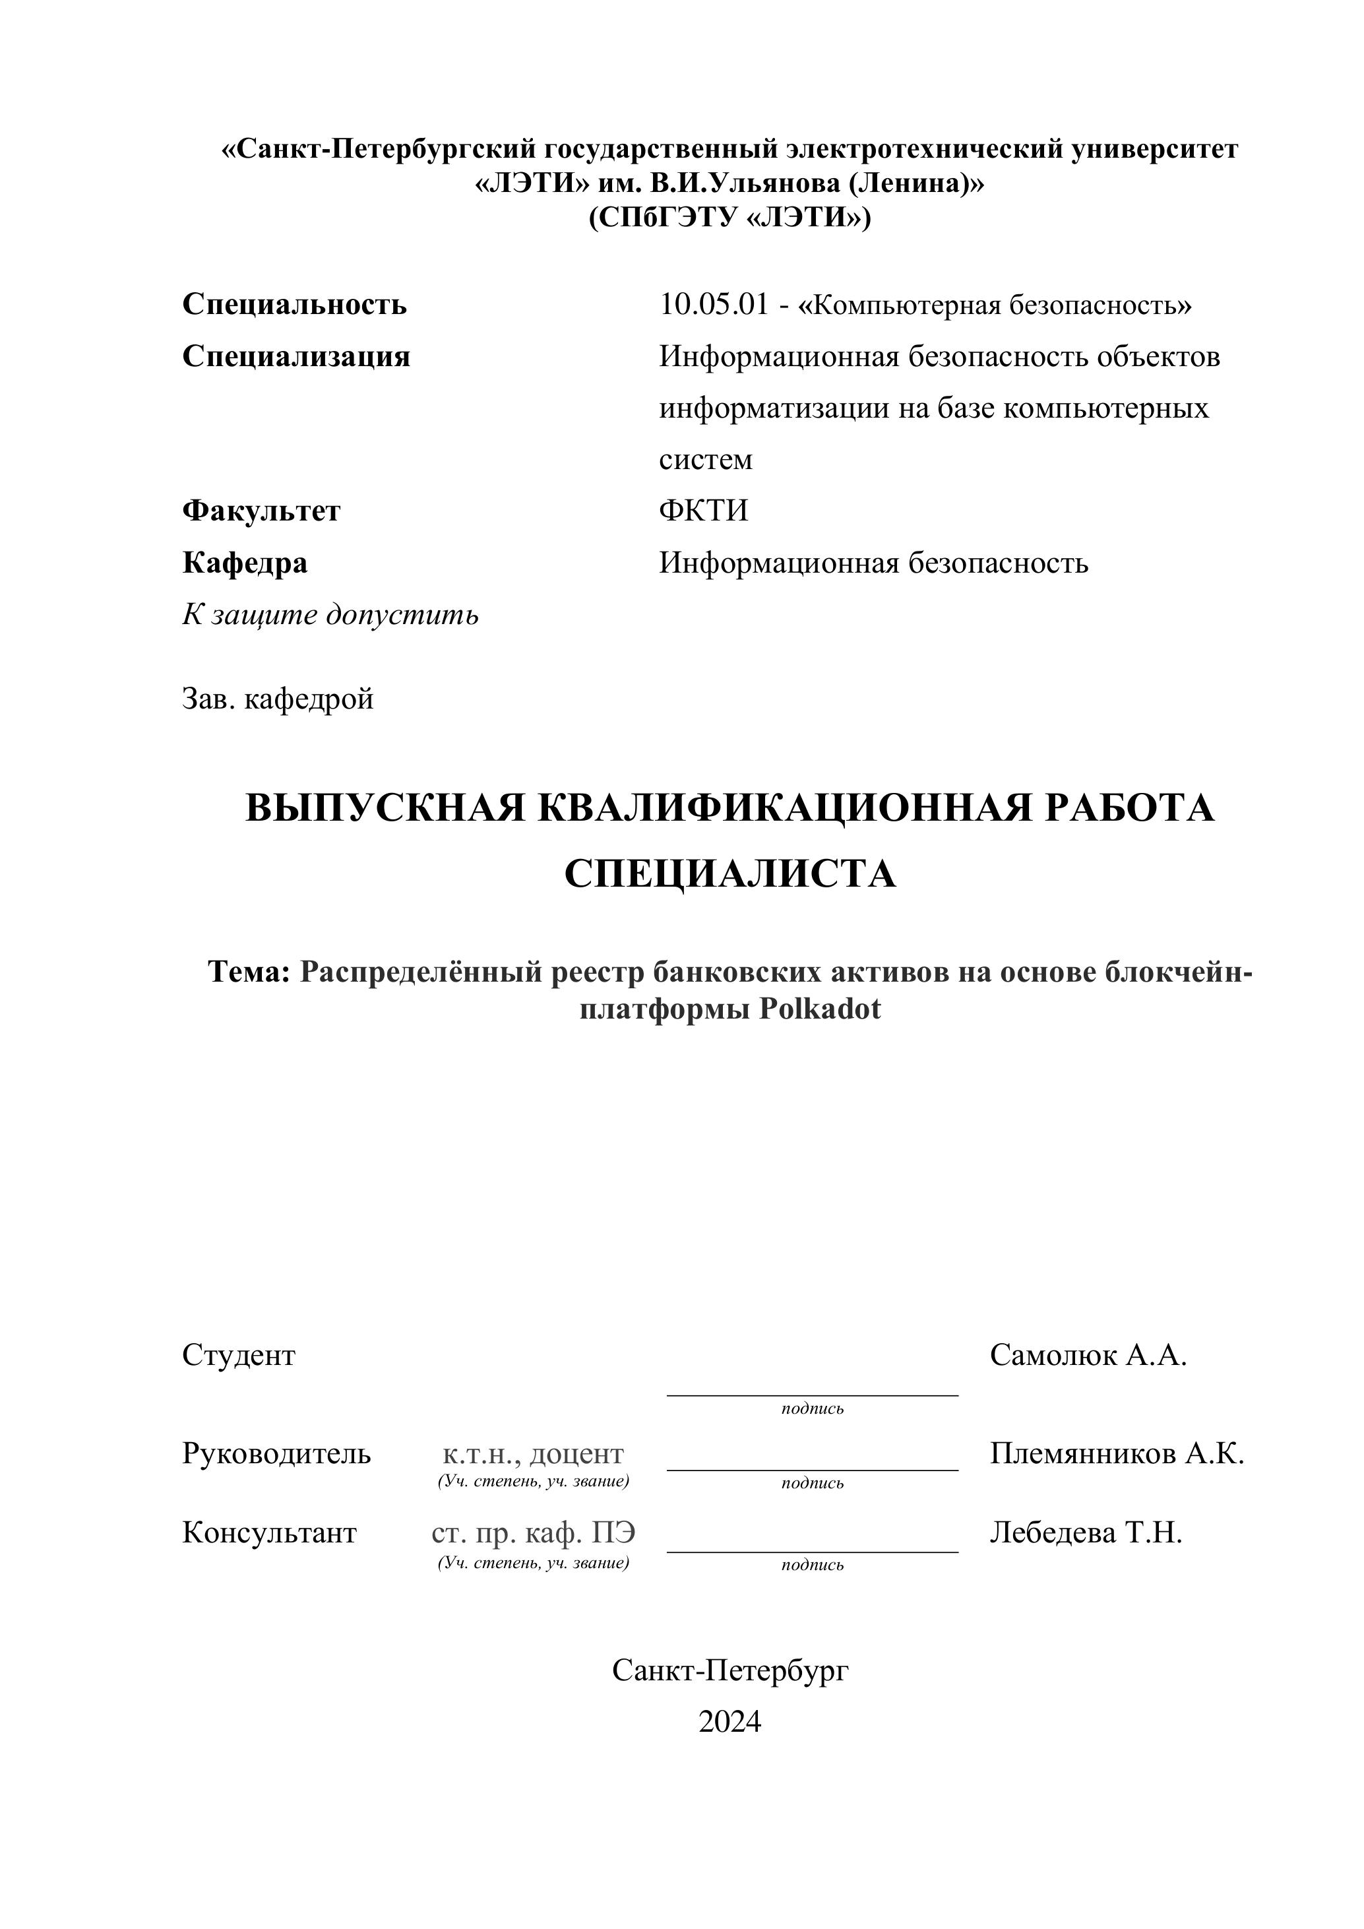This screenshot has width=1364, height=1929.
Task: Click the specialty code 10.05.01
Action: [x=714, y=304]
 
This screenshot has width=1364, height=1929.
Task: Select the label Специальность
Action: [x=294, y=304]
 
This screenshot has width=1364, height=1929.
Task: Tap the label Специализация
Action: [x=295, y=356]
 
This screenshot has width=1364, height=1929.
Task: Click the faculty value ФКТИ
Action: [x=703, y=511]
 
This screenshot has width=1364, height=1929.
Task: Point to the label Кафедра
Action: [x=245, y=563]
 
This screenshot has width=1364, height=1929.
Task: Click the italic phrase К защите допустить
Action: [x=330, y=615]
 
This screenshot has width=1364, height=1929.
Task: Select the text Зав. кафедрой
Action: [x=277, y=698]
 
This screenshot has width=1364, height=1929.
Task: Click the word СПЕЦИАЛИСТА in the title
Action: [x=730, y=873]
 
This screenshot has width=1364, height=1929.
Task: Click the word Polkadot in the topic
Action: [x=820, y=1008]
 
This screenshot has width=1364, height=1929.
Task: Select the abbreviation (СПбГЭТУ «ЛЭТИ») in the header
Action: [x=729, y=218]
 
